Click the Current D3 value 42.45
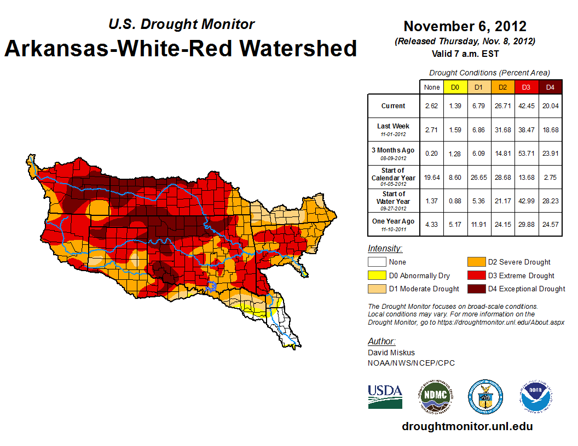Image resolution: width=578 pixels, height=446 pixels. tap(526, 106)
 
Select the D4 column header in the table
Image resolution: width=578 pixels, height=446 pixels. tap(550, 87)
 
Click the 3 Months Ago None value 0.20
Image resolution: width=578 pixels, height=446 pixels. tap(431, 154)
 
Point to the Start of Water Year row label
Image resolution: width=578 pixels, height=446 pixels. tap(393, 198)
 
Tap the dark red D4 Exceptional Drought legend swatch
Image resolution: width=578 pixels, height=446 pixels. tap(476, 289)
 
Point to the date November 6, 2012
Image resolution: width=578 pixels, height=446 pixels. tap(465, 26)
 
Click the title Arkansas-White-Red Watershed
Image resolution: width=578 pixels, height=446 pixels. tap(181, 48)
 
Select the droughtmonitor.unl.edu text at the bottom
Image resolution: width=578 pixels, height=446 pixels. tap(467, 426)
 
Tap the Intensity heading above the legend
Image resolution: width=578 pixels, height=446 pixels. tap(385, 249)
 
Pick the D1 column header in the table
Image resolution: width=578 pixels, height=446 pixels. tap(478, 87)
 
